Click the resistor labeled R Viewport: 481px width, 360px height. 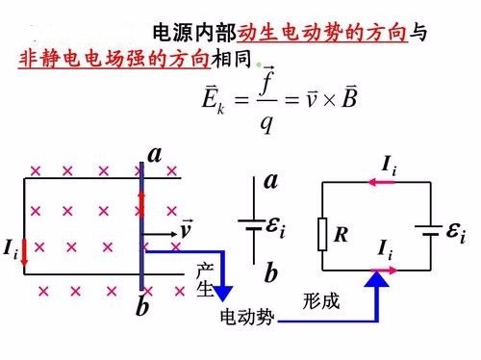pos(322,234)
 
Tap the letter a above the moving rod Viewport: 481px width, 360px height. pos(154,154)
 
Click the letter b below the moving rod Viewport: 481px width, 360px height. pos(142,308)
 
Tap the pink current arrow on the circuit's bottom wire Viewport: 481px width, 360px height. pos(385,271)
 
